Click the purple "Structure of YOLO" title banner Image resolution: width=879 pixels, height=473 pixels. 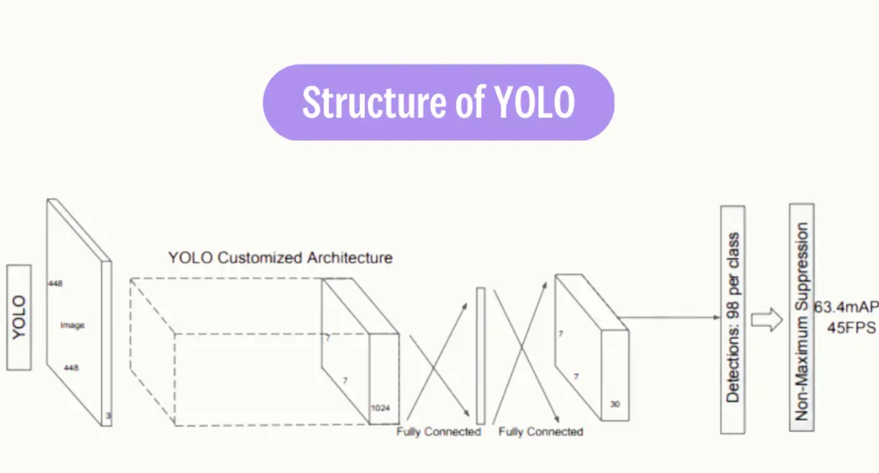(438, 102)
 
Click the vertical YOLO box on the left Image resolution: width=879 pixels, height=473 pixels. (19, 318)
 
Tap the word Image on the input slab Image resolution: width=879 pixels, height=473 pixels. (72, 325)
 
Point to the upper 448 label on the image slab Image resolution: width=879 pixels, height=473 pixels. (55, 283)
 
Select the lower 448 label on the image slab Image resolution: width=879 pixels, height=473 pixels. (71, 368)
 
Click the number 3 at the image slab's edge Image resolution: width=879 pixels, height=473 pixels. (108, 416)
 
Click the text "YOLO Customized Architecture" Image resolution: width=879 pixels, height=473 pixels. (280, 258)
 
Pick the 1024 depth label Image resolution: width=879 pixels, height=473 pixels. (380, 408)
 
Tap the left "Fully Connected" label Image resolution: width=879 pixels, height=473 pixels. (438, 432)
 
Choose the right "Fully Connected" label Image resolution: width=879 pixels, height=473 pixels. (540, 432)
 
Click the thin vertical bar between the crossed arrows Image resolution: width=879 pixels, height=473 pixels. (480, 355)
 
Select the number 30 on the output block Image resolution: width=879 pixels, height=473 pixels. (614, 403)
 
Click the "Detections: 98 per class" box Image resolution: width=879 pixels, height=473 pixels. (732, 319)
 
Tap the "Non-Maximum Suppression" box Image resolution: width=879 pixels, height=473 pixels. (801, 317)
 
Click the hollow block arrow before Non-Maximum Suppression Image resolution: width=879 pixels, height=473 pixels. (766, 320)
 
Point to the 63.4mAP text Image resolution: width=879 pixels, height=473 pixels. (846, 307)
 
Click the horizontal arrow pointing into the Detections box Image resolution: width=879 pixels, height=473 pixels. (670, 317)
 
